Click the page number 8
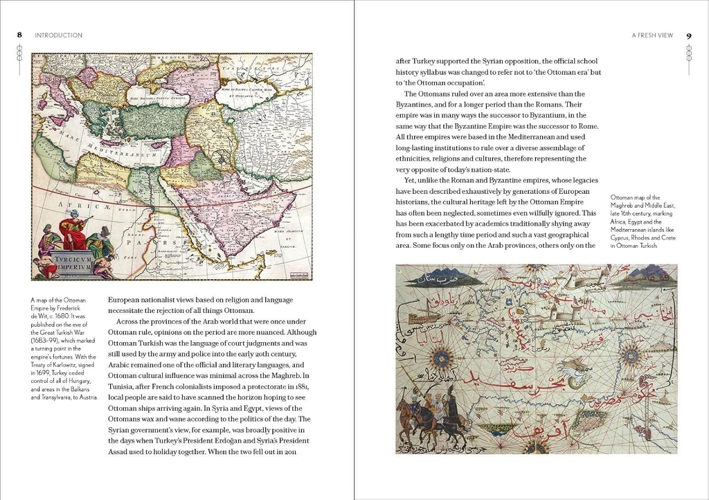[20, 35]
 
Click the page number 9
[689, 35]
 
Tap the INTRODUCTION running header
[59, 35]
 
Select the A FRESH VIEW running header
[652, 35]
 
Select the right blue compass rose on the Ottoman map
[631, 355]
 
